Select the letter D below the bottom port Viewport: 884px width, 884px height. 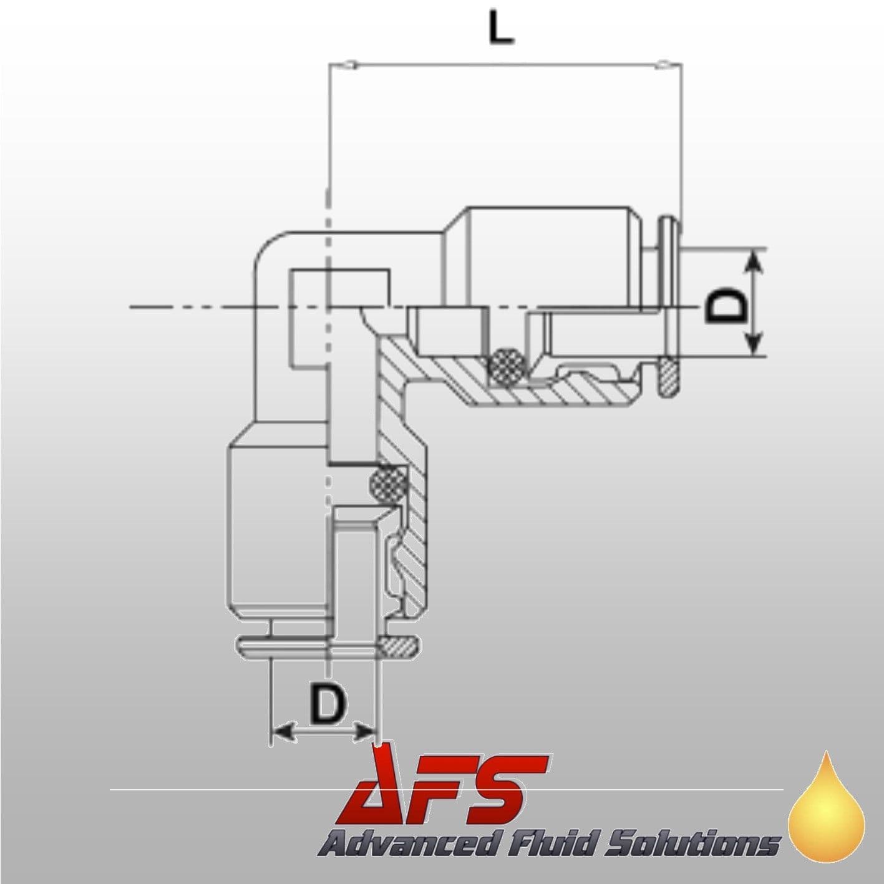(x=326, y=704)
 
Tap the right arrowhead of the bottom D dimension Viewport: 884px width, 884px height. (x=362, y=731)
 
